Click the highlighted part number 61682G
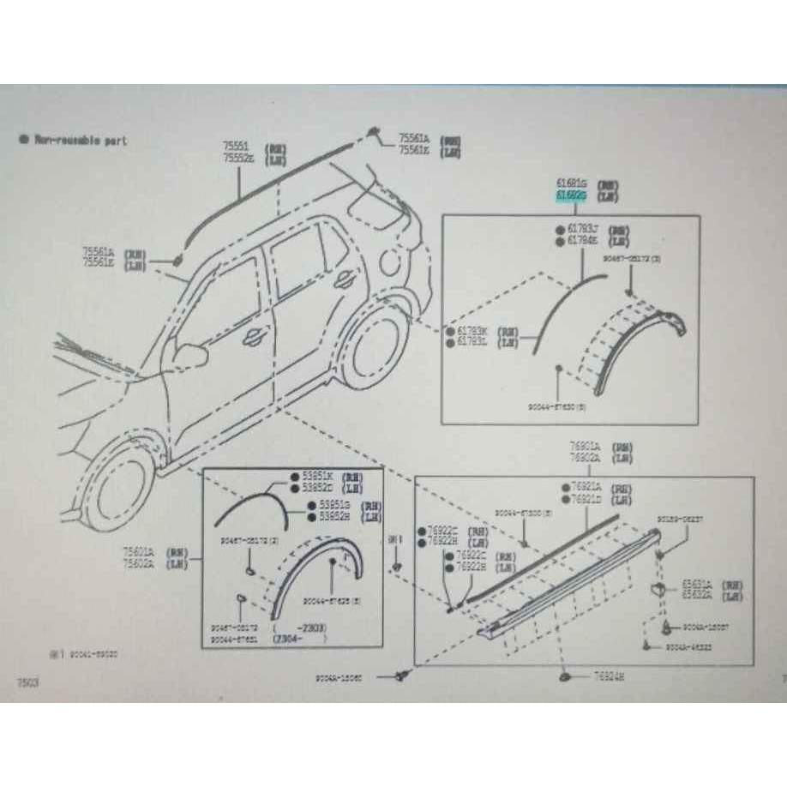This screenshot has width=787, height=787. pyautogui.click(x=571, y=196)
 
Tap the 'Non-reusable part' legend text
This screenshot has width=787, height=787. pyautogui.click(x=80, y=139)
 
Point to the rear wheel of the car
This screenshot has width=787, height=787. pyautogui.click(x=375, y=351)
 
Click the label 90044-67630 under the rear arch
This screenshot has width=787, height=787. pyautogui.click(x=557, y=406)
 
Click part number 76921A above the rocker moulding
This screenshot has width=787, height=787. pyautogui.click(x=587, y=487)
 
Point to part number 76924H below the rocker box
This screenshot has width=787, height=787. pyautogui.click(x=610, y=677)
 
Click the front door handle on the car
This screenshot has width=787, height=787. pyautogui.click(x=253, y=338)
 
